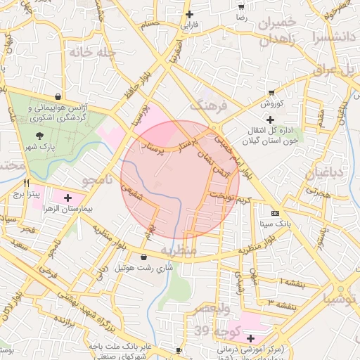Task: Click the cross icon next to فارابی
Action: coord(188,13)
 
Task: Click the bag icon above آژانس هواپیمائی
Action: coord(57,97)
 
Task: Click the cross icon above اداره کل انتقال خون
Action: coord(270,120)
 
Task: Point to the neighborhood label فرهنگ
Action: coord(210,106)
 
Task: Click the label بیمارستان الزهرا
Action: coord(67,209)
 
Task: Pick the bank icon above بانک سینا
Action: coord(274,213)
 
